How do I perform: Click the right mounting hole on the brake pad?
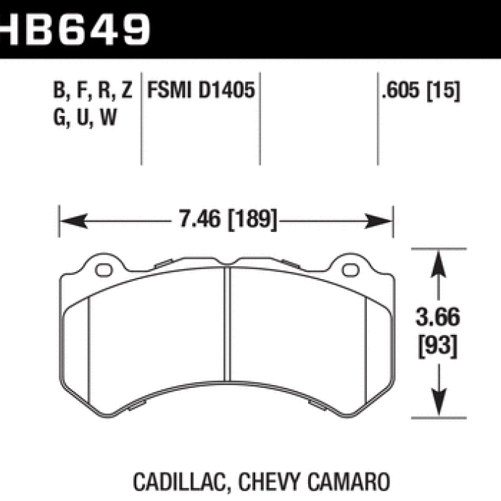click(349, 272)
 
